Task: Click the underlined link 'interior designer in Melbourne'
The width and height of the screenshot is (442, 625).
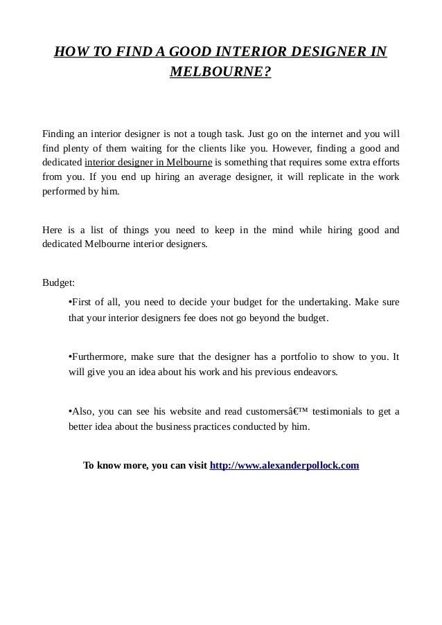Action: [x=148, y=163]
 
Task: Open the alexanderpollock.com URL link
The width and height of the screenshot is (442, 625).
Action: [x=284, y=465]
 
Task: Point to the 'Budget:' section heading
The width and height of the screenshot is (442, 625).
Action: [x=59, y=283]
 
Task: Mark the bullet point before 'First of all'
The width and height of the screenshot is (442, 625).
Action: [x=71, y=302]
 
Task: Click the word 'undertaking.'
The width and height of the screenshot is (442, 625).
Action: [x=323, y=302]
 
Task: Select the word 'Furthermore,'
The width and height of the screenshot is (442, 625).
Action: [x=98, y=356]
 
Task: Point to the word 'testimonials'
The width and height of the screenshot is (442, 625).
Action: [x=337, y=412]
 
